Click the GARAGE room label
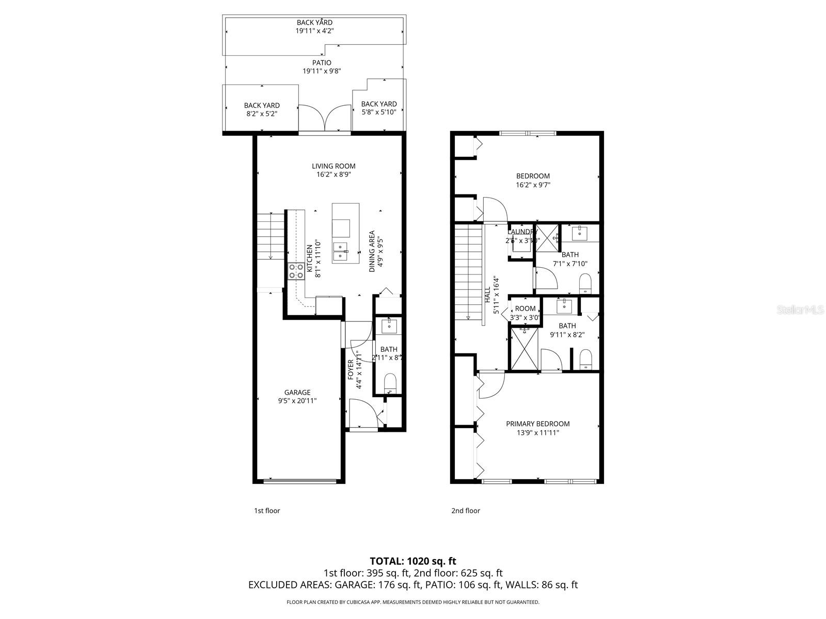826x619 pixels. pos(297,393)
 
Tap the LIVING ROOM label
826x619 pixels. pos(333,166)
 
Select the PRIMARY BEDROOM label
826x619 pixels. pos(537,424)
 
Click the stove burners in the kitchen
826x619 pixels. pos(296,271)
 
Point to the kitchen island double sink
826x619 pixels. pos(341,252)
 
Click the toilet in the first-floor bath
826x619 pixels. pos(390,384)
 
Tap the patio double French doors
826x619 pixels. pos(325,118)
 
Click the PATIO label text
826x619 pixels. pos(322,63)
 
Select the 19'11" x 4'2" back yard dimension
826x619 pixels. pos(314,31)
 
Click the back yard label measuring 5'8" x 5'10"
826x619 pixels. pos(378,104)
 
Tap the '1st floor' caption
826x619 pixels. pos(267,511)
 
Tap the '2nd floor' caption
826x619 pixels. pos(466,511)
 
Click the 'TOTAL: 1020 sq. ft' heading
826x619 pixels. pos(413,561)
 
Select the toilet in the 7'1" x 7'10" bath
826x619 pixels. pos(585,283)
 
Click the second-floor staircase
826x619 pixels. pos(468,271)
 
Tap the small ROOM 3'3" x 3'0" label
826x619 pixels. pos(525,309)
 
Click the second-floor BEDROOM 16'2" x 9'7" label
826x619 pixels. pos(533,176)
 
